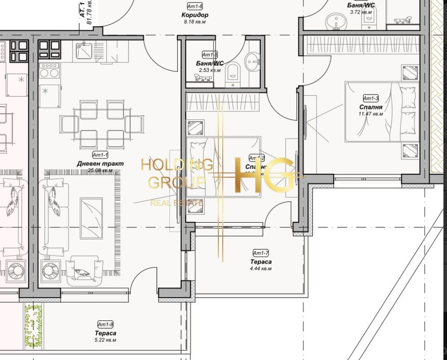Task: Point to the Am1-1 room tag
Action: coord(100,154)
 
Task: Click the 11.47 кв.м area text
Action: coord(371,114)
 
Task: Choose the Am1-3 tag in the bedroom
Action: coord(371,98)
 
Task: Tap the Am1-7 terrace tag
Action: coord(261,253)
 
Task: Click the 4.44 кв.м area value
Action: coord(261,268)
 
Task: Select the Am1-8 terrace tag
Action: coord(105,325)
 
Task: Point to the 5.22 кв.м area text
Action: coord(105,340)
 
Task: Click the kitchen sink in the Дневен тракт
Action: coord(83,50)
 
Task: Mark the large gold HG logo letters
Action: coord(264,175)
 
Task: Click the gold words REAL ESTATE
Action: coord(176,203)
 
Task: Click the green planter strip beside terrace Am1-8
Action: coord(33,327)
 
